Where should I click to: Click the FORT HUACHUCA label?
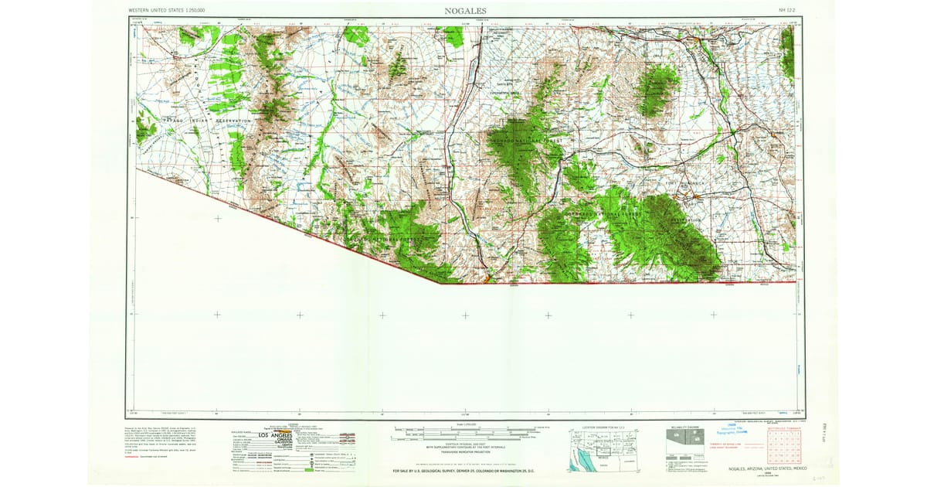pos(680,182)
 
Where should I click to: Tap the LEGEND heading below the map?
pos(293,424)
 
